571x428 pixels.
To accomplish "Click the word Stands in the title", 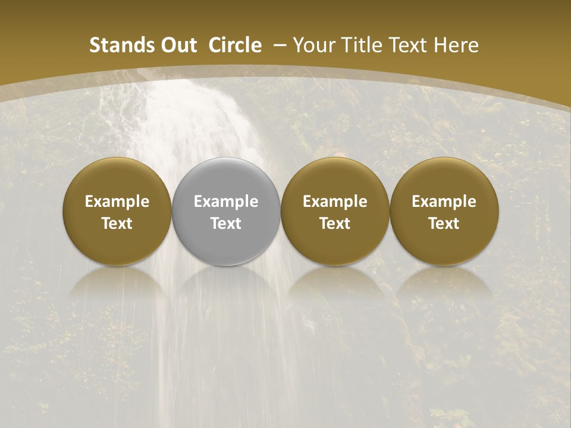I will pyautogui.click(x=117, y=45).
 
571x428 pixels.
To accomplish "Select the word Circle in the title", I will pyautogui.click(x=234, y=45).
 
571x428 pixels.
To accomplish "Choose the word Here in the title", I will pyautogui.click(x=459, y=45).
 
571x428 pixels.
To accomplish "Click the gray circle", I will pyautogui.click(x=226, y=178).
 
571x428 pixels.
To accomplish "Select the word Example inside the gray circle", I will pyautogui.click(x=226, y=202).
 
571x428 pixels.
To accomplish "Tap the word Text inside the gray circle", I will pyautogui.click(x=226, y=224).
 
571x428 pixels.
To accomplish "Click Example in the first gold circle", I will pyautogui.click(x=117, y=202).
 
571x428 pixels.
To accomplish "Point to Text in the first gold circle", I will pyautogui.click(x=117, y=224).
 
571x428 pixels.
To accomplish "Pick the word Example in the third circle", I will pyautogui.click(x=335, y=202).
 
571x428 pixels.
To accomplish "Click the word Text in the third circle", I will pyautogui.click(x=335, y=224).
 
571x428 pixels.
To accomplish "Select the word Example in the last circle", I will pyautogui.click(x=444, y=202).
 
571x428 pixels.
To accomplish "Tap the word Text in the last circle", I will pyautogui.click(x=444, y=224).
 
